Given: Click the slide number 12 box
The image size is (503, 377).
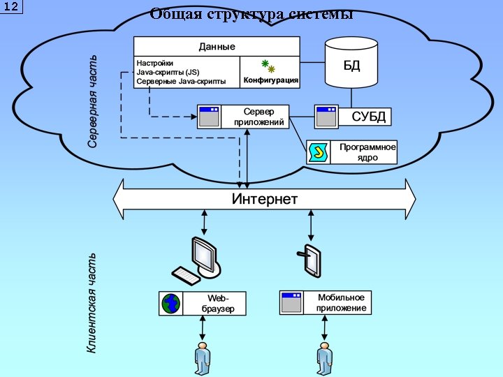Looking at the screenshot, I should tap(12, 7).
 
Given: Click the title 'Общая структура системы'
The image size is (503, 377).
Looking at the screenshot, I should tap(251, 14).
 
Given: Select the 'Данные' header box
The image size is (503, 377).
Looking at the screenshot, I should tap(217, 46).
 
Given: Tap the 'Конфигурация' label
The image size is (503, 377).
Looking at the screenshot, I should tap(270, 80).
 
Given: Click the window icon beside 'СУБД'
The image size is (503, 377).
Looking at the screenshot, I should tap(326, 117).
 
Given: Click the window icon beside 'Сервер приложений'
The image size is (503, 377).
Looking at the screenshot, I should tap(209, 117).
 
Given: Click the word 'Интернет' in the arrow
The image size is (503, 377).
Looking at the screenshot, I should tap(264, 200).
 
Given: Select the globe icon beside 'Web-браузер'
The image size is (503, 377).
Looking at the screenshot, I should tap(170, 304).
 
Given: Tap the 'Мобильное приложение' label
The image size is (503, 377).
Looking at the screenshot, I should tap(340, 303).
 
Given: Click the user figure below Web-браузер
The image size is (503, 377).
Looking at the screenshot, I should tap(202, 358).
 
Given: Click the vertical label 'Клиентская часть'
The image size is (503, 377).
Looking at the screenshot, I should tap(92, 303).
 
